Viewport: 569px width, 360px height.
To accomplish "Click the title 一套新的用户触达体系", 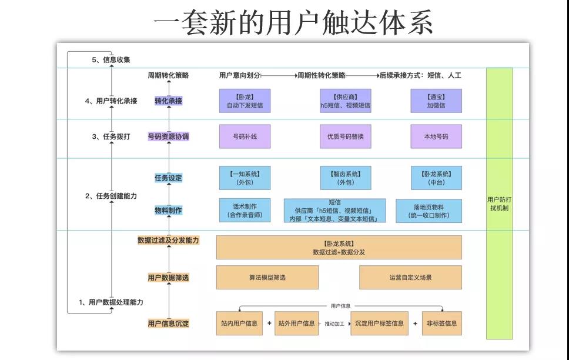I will click(293, 22).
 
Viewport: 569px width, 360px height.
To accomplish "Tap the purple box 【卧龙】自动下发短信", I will click(245, 101).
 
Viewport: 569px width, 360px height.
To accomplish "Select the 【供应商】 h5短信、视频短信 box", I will click(345, 101).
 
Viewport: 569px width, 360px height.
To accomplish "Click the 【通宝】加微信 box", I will click(436, 101).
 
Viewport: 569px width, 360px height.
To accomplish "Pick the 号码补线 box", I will click(245, 136).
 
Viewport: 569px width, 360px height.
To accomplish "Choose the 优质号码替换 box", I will click(345, 136).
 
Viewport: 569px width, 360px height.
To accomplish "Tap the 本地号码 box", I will click(436, 136).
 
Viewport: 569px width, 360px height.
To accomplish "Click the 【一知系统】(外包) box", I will click(245, 178).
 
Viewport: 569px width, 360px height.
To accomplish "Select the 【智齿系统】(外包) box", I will click(345, 178).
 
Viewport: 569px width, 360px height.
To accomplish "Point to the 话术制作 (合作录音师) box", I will click(245, 211).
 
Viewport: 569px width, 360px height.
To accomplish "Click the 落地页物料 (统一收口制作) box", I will click(429, 211).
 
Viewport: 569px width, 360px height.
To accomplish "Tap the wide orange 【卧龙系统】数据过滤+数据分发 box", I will click(339, 247).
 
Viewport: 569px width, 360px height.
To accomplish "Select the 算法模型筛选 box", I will click(267, 278).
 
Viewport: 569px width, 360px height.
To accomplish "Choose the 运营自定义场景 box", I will click(410, 278).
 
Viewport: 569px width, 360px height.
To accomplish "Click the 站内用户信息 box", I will click(239, 324).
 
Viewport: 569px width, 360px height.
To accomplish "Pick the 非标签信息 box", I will click(441, 324).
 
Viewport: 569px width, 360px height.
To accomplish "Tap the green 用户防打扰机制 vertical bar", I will click(499, 204).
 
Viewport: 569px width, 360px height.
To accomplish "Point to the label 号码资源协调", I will click(169, 136).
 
